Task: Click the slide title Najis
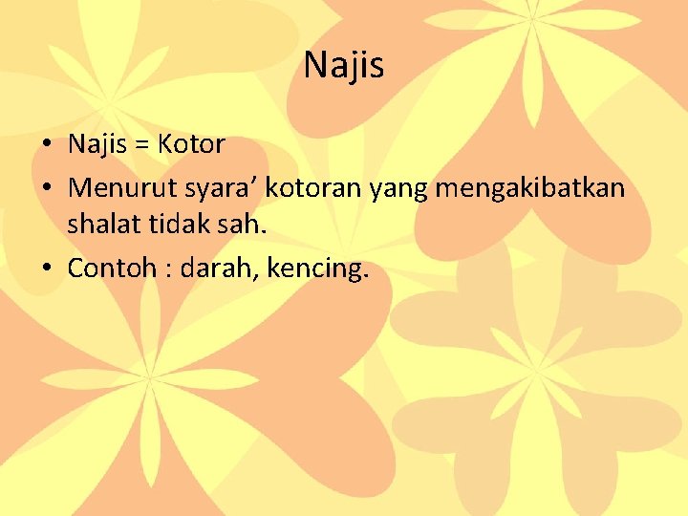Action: click(x=344, y=66)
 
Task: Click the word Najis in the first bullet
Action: click(x=98, y=145)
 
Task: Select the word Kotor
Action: click(x=191, y=145)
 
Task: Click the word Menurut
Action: click(x=116, y=187)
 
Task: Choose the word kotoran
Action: click(x=312, y=187)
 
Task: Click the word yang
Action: click(x=397, y=189)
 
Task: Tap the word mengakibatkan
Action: click(x=530, y=189)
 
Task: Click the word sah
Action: click(x=233, y=227)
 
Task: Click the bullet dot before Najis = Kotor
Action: click(x=47, y=146)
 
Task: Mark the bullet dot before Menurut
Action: click(x=47, y=188)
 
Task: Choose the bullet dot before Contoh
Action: click(x=47, y=269)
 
